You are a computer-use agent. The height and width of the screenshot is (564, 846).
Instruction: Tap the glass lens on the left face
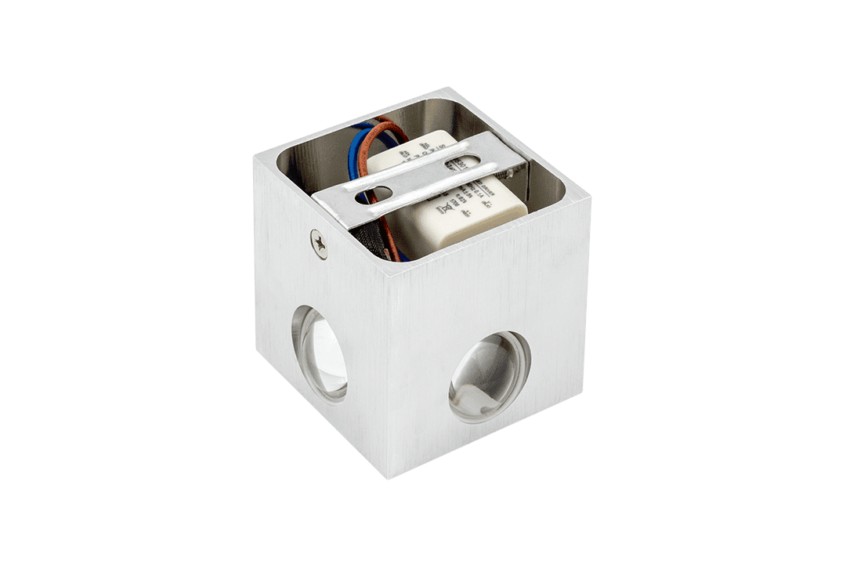320,353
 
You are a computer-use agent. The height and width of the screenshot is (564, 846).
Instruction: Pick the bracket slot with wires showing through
374,193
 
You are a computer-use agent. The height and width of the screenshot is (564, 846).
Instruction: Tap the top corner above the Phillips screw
255,154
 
